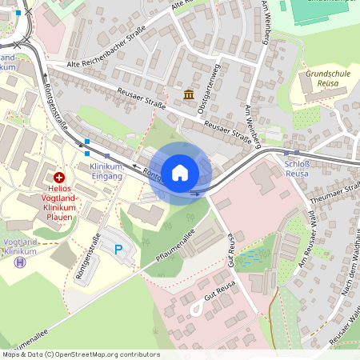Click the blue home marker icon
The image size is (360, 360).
pos(180,172)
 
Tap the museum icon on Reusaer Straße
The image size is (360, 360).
pos(189,95)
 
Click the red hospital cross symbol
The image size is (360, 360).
pos(59,177)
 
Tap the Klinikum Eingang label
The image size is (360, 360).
pos(106,171)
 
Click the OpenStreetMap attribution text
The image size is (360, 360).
pos(80,354)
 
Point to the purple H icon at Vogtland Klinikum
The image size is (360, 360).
pos(20,262)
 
